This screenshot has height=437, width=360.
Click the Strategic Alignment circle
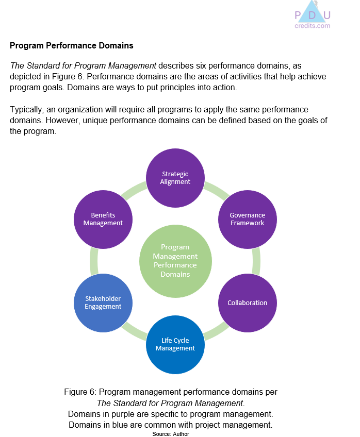pyautogui.click(x=175, y=177)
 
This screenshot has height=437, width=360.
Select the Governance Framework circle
pyautogui.click(x=248, y=219)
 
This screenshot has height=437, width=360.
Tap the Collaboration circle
pyautogui.click(x=248, y=302)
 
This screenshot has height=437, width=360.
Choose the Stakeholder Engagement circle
pyautogui.click(x=103, y=302)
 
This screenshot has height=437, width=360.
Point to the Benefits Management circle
pyautogui.click(x=103, y=219)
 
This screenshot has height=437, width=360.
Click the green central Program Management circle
pyautogui.click(x=175, y=261)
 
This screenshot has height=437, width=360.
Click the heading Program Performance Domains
pyautogui.click(x=71, y=46)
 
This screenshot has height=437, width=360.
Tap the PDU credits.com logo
pyautogui.click(x=312, y=15)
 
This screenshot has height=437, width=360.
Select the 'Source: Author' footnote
pyautogui.click(x=171, y=434)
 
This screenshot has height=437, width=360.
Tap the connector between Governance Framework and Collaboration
pyautogui.click(x=256, y=261)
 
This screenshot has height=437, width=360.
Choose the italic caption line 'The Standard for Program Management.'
pyautogui.click(x=171, y=403)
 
